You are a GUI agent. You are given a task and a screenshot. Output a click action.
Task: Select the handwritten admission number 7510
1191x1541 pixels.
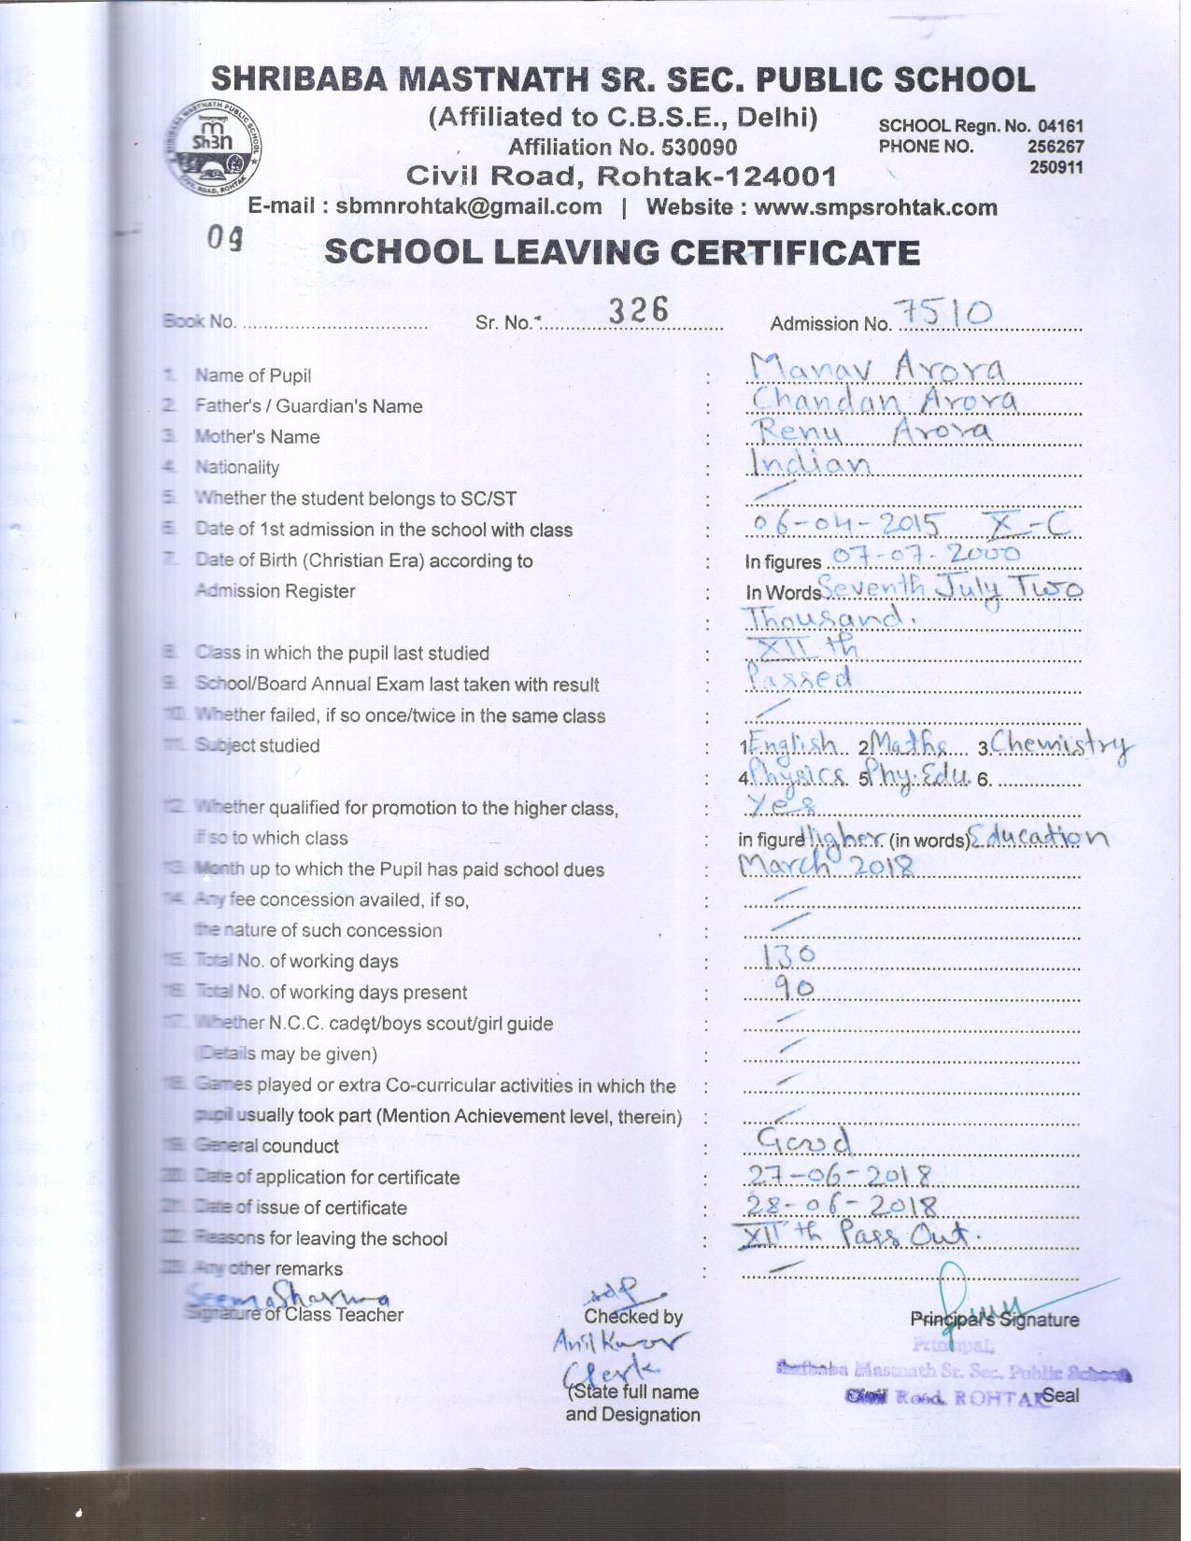pyautogui.click(x=943, y=314)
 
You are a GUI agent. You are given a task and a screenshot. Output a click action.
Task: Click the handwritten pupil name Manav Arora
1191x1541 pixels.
pyautogui.click(x=876, y=370)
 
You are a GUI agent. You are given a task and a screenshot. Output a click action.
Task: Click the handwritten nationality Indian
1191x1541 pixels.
pyautogui.click(x=810, y=462)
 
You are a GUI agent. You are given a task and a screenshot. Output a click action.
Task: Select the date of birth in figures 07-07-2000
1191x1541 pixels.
pyautogui.click(x=924, y=556)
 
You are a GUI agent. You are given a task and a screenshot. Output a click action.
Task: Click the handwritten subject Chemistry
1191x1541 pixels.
pyautogui.click(x=1061, y=744)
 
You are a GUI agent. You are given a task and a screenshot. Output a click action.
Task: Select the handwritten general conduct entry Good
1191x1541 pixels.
pyautogui.click(x=803, y=1139)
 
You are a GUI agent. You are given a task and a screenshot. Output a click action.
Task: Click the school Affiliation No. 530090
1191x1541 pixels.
pyautogui.click(x=622, y=147)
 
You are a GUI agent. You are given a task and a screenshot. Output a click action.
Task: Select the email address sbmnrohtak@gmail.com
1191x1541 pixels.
pyautogui.click(x=468, y=207)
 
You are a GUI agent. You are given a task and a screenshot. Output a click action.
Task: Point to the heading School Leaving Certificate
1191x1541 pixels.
pyautogui.click(x=622, y=253)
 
